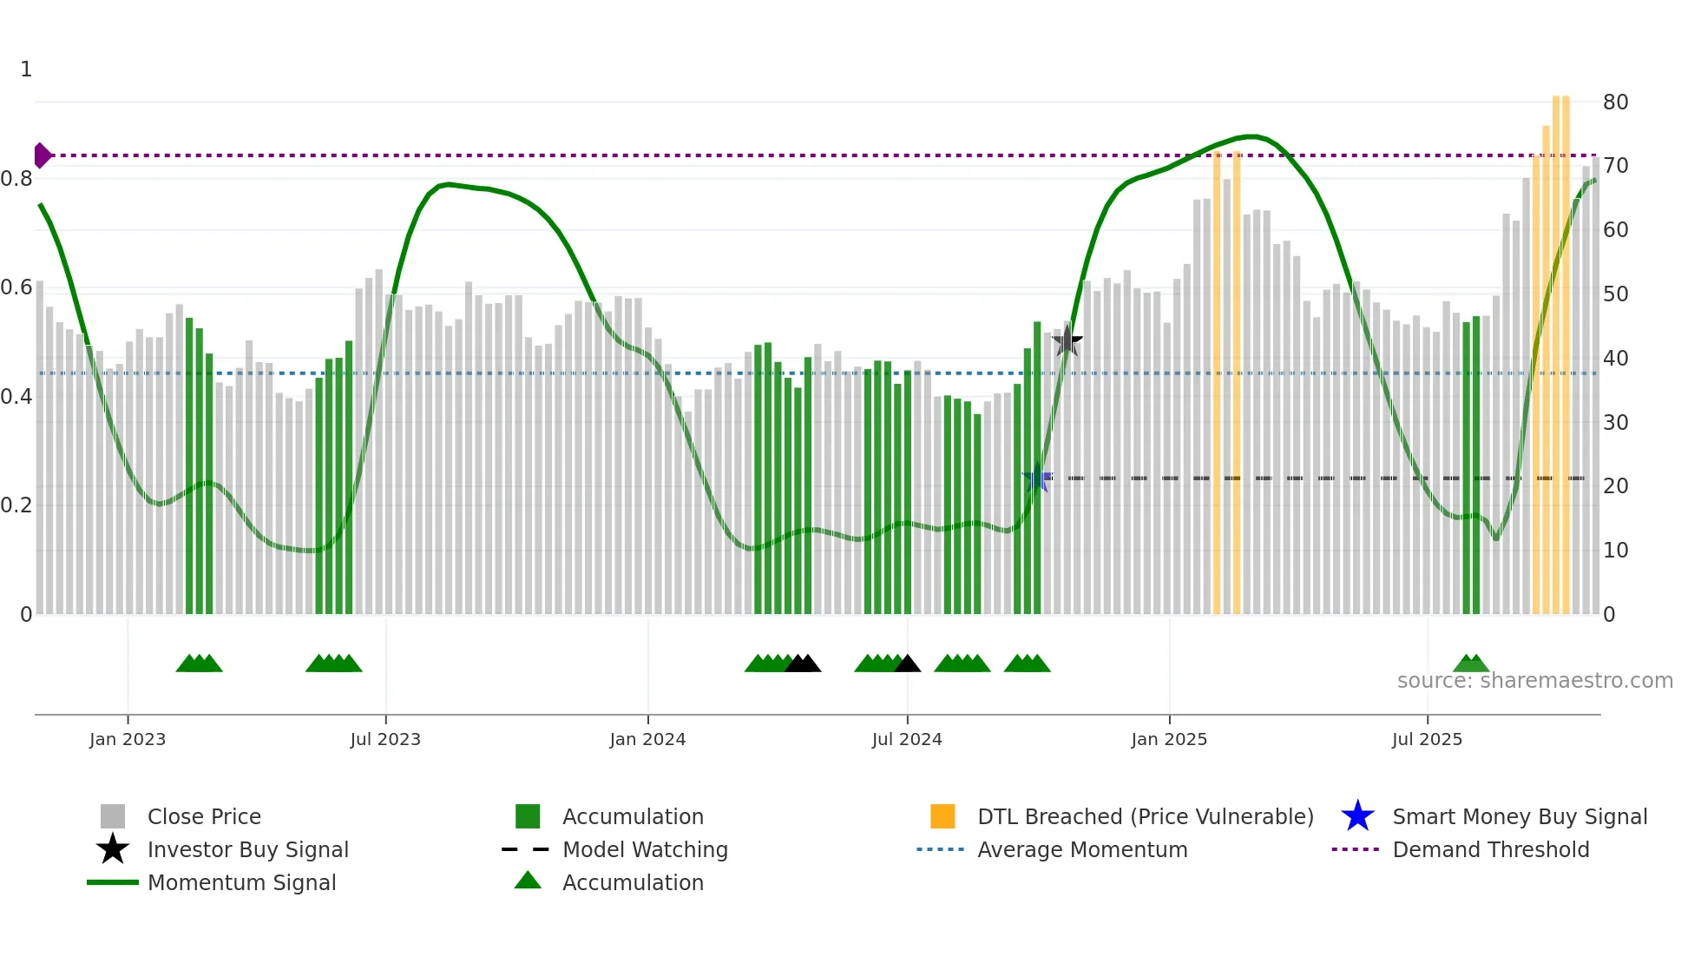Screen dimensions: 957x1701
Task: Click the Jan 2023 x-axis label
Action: click(128, 739)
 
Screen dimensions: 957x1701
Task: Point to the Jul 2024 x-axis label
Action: click(907, 739)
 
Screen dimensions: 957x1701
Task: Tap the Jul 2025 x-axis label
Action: click(1427, 739)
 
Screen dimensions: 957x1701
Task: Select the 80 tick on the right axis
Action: click(1615, 102)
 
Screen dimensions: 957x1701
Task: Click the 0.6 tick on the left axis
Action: click(16, 287)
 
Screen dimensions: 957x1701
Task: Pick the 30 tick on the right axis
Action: click(1615, 423)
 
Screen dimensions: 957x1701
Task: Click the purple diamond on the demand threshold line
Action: click(42, 155)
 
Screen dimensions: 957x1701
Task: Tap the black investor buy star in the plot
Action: click(1067, 341)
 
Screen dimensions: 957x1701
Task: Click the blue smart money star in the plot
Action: click(1037, 478)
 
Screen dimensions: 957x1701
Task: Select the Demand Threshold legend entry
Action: click(1490, 850)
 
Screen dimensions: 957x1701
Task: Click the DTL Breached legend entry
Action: click(1145, 817)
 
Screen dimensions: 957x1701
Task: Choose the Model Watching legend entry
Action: click(644, 850)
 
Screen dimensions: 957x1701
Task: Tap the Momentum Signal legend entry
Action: click(241, 883)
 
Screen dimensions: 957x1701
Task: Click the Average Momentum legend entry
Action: click(1081, 850)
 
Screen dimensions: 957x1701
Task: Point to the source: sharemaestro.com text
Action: click(1534, 681)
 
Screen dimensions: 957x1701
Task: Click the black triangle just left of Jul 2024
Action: click(907, 664)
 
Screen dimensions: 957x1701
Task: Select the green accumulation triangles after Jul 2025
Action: click(1471, 664)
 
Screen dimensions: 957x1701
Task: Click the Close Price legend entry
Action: click(203, 817)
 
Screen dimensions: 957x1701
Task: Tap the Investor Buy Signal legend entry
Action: click(247, 850)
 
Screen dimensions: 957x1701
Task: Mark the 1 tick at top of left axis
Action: click(26, 69)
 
